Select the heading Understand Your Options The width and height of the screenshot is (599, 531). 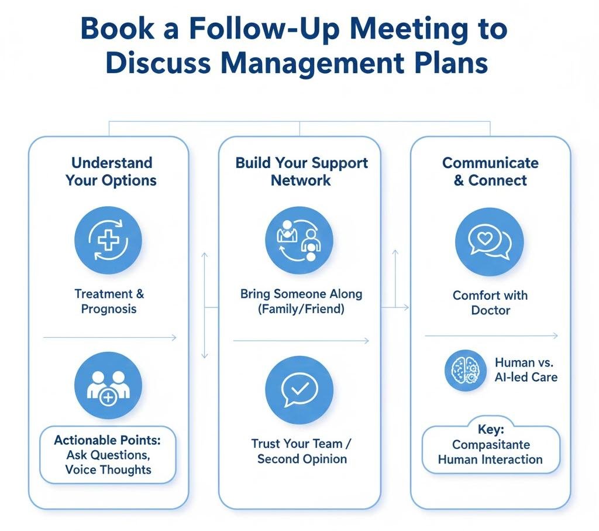tap(111, 171)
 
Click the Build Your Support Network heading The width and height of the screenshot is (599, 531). tap(302, 171)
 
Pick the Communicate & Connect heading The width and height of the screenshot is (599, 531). tap(490, 171)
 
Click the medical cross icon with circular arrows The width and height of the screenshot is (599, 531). tap(108, 241)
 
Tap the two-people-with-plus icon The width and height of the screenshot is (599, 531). tap(108, 386)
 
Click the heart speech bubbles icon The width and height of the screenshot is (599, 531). tap(490, 242)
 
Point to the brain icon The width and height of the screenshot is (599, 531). tap(466, 370)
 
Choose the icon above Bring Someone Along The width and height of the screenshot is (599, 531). tap(299, 241)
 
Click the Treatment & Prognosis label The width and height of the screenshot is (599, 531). tap(109, 301)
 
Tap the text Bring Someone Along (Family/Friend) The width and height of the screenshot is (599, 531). tap(301, 301)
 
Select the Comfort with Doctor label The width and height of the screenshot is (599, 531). tap(490, 302)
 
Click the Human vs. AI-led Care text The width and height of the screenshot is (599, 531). tap(525, 369)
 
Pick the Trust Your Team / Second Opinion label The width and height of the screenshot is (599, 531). tap(302, 451)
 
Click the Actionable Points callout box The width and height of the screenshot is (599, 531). tap(108, 454)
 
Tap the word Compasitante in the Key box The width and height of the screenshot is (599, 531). tap(490, 444)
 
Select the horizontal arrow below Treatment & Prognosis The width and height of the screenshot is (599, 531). tap(109, 337)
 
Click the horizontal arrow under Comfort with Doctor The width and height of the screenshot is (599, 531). tap(491, 336)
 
